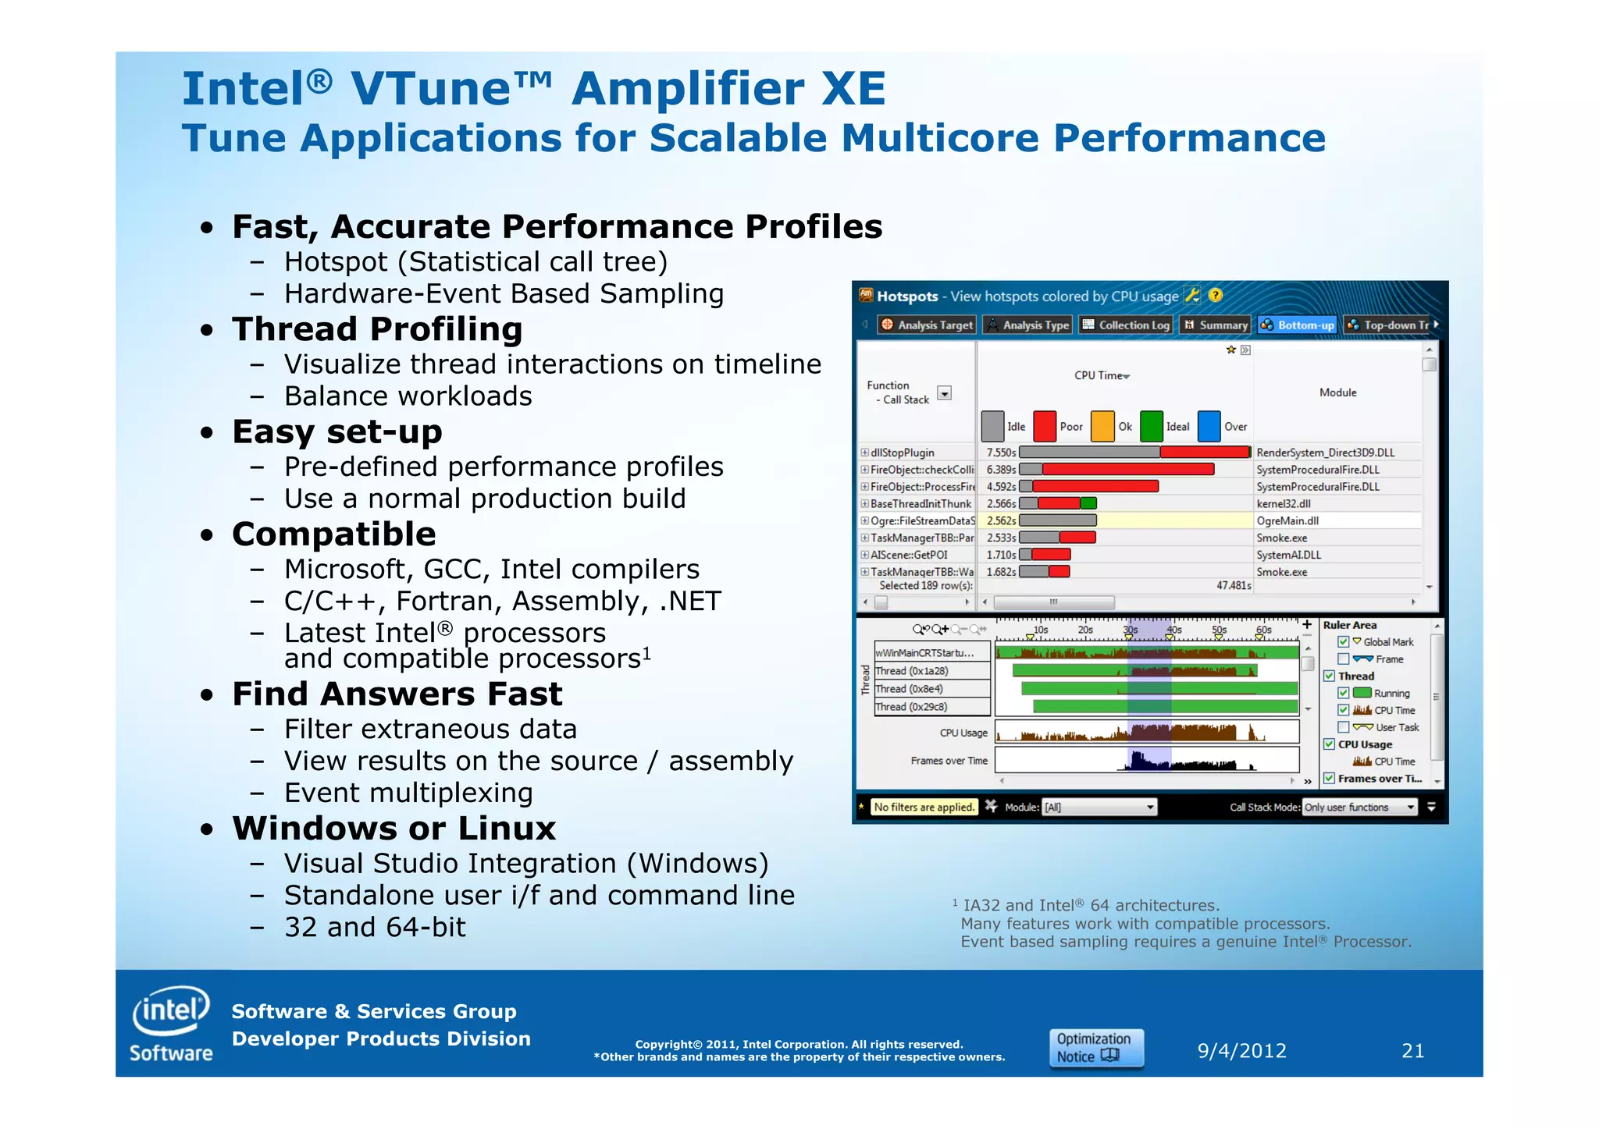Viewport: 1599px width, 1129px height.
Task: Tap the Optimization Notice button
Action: coord(1095,1048)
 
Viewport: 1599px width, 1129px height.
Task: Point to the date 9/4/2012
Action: coord(1241,1051)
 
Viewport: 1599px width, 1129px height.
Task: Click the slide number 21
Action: coord(1412,1051)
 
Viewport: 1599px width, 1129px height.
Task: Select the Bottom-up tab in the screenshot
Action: coord(1298,325)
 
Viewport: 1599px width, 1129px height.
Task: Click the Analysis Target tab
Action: coord(927,325)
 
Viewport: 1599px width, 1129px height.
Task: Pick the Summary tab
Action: coord(1216,325)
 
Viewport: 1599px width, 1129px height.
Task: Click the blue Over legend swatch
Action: coord(1209,427)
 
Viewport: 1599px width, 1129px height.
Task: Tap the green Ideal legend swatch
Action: coord(1151,427)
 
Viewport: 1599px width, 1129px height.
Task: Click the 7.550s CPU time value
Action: coord(1001,453)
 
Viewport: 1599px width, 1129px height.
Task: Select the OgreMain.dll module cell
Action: coord(1287,521)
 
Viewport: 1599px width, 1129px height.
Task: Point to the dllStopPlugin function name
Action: coord(902,453)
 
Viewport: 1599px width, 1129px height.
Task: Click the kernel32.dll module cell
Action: coord(1284,504)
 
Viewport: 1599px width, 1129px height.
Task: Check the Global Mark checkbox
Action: coord(1344,642)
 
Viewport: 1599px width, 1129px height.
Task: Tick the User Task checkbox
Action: coord(1344,727)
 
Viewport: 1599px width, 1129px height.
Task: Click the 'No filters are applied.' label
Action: coord(924,808)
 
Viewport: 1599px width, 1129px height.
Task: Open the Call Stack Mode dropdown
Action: coord(1359,808)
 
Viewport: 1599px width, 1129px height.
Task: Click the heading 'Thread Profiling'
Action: coord(377,329)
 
